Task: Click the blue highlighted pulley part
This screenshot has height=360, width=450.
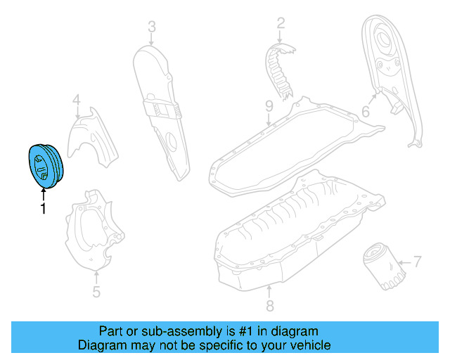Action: (x=44, y=166)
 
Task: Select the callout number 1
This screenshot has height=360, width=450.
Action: (x=43, y=209)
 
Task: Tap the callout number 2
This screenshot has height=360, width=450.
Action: (x=281, y=24)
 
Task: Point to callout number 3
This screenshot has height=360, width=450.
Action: (x=151, y=27)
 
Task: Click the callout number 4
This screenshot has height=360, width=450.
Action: (x=77, y=102)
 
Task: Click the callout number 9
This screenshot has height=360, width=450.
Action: (x=269, y=106)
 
